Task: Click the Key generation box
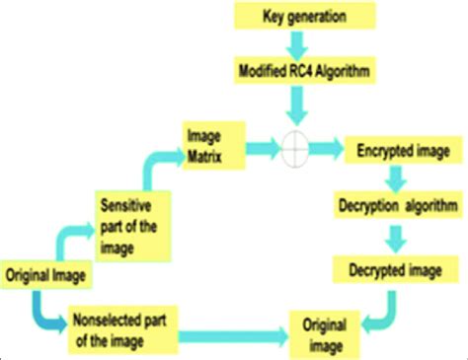coord(303,17)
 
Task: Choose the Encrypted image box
coord(401,152)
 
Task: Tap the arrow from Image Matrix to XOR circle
coord(257,148)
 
